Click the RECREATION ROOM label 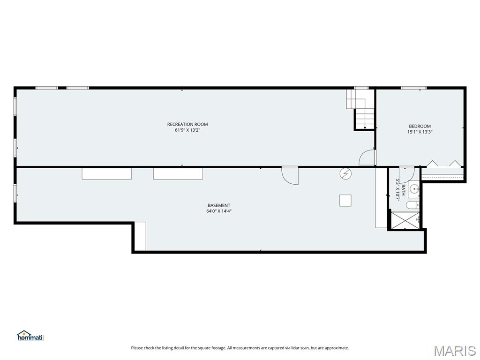(x=187, y=124)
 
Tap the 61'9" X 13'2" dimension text (x=187, y=130)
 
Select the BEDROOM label (x=420, y=126)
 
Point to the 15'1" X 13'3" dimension (x=420, y=132)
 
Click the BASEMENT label (x=219, y=205)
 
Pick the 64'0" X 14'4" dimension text (x=219, y=211)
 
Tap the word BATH (x=403, y=190)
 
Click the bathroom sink (x=414, y=189)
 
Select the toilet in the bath (x=412, y=205)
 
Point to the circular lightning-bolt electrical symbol (x=345, y=174)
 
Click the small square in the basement (x=345, y=200)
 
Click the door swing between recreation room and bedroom (x=367, y=158)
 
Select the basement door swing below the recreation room (x=290, y=176)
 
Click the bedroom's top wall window (x=413, y=88)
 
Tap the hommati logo (x=30, y=336)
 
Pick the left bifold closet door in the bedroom (x=432, y=164)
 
